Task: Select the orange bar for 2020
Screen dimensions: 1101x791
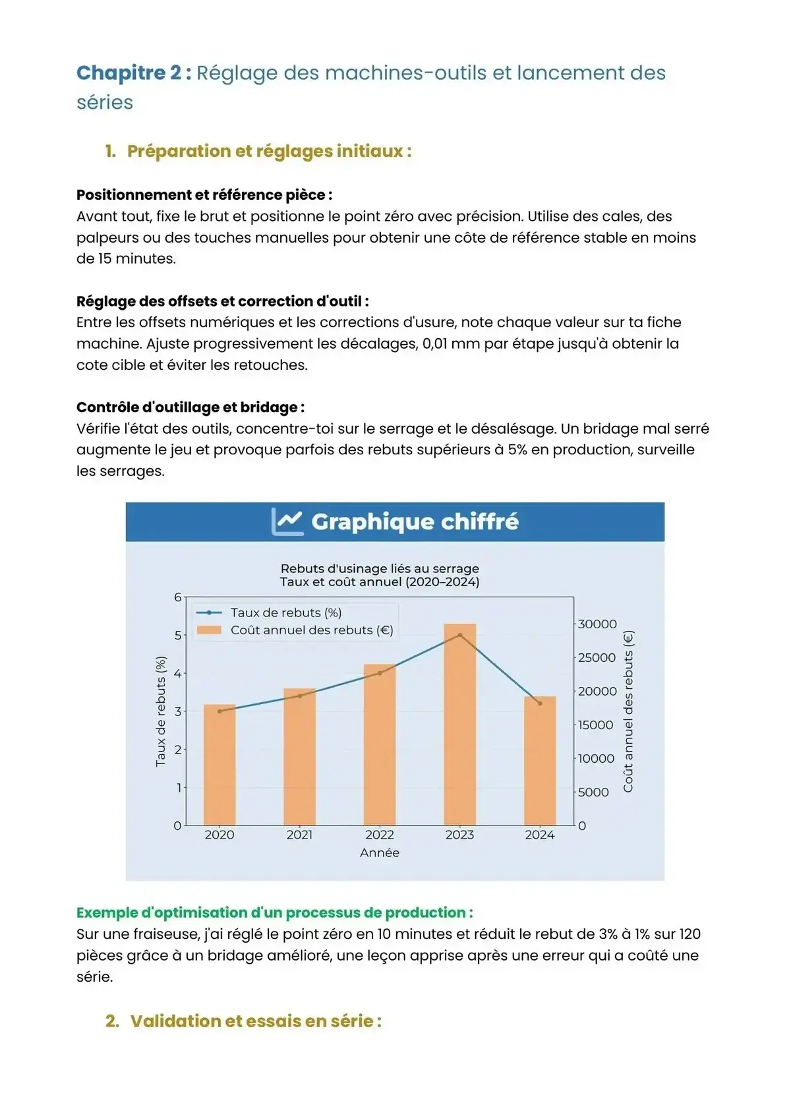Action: click(220, 765)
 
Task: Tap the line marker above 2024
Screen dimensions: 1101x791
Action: click(540, 703)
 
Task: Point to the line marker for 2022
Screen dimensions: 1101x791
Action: click(380, 673)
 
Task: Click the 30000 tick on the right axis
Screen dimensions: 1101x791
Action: click(597, 624)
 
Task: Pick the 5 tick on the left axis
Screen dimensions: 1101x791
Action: click(177, 635)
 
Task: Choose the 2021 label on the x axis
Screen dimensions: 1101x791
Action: click(299, 835)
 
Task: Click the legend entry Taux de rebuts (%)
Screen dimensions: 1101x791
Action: click(285, 612)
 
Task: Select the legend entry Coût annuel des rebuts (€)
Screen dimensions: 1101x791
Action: click(311, 630)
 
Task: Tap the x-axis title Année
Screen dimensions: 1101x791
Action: click(380, 852)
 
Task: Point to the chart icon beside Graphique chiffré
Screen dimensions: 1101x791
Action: click(287, 521)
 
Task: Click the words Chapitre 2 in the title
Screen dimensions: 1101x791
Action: click(129, 73)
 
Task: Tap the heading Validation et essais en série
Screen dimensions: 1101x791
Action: click(256, 1021)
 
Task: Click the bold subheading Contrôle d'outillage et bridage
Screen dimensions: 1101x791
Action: click(190, 407)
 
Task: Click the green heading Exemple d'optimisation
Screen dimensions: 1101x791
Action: click(274, 912)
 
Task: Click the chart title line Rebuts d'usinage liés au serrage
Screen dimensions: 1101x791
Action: click(380, 568)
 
